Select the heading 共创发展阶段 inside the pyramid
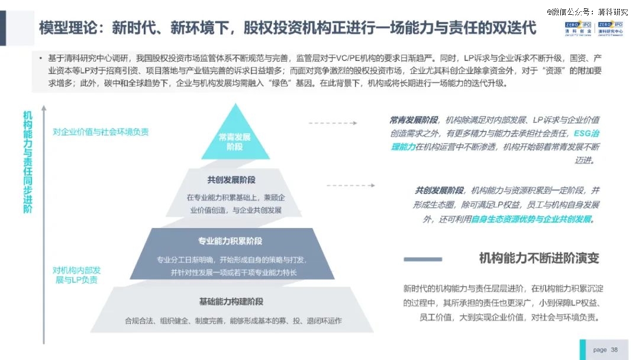(231, 180)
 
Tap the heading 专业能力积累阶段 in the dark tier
(230, 241)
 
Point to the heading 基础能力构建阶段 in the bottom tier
(231, 302)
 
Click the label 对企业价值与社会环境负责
(101, 131)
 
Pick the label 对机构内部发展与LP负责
(76, 275)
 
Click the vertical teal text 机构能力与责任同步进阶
(28, 162)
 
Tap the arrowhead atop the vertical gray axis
(44, 108)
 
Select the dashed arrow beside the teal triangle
(333, 123)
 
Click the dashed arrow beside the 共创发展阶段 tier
(351, 185)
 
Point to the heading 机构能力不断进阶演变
(539, 258)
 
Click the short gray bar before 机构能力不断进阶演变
(422, 259)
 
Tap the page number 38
(614, 349)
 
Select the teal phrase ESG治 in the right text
(586, 133)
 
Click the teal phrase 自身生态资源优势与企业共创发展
(531, 219)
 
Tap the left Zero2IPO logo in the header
(578, 30)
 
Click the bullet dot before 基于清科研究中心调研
(40, 58)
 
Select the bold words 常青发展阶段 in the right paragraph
(414, 120)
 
